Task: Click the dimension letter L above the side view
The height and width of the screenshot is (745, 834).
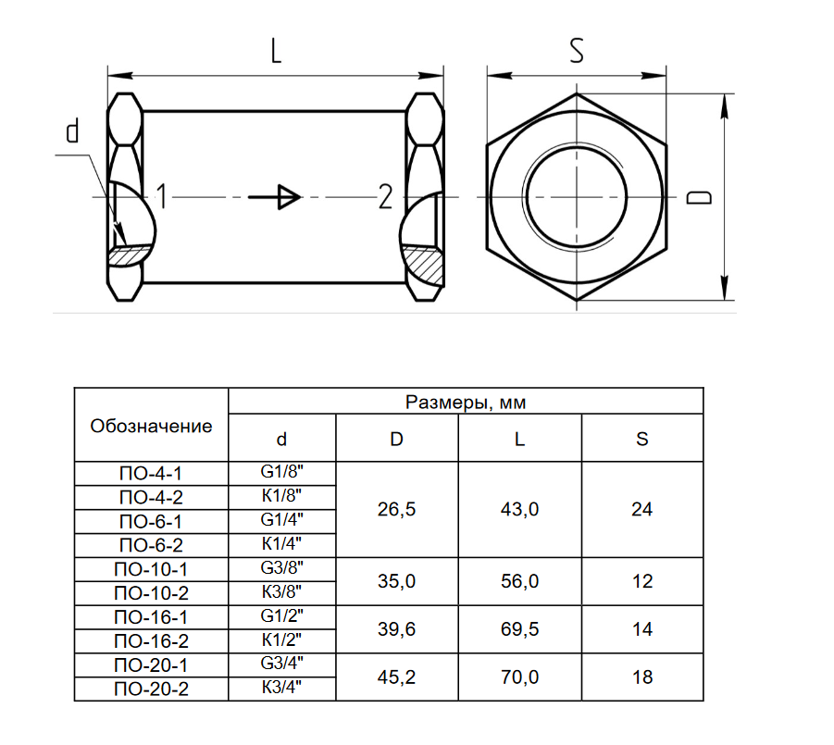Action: pos(276,52)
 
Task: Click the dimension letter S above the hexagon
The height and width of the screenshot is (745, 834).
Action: pos(577,51)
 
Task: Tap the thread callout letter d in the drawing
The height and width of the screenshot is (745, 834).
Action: pos(72,130)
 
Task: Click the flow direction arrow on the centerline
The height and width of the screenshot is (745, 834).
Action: pos(275,197)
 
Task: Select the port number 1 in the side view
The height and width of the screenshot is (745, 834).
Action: pos(162,196)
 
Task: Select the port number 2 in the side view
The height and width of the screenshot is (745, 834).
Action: pos(385,197)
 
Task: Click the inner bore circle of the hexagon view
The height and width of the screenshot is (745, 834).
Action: pos(577,148)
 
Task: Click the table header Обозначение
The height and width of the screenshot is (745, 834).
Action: pos(151,426)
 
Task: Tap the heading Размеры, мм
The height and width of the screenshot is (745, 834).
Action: pos(466,402)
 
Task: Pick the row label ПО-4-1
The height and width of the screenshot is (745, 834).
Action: pos(151,473)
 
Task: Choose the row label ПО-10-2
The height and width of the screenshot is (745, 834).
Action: pos(151,593)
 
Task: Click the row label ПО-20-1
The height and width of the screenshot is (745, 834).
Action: pos(151,664)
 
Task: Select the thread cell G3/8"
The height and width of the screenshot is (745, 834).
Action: pos(282,567)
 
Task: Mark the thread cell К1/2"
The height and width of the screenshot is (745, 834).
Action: pos(282,639)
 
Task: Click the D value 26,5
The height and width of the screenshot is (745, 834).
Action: pos(396,509)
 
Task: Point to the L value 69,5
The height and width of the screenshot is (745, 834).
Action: pos(519,629)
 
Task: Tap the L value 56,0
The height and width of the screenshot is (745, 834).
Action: pos(519,581)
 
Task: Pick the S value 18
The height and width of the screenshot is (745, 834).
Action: pos(642,677)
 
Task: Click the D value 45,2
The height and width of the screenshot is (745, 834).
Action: pos(396,677)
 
